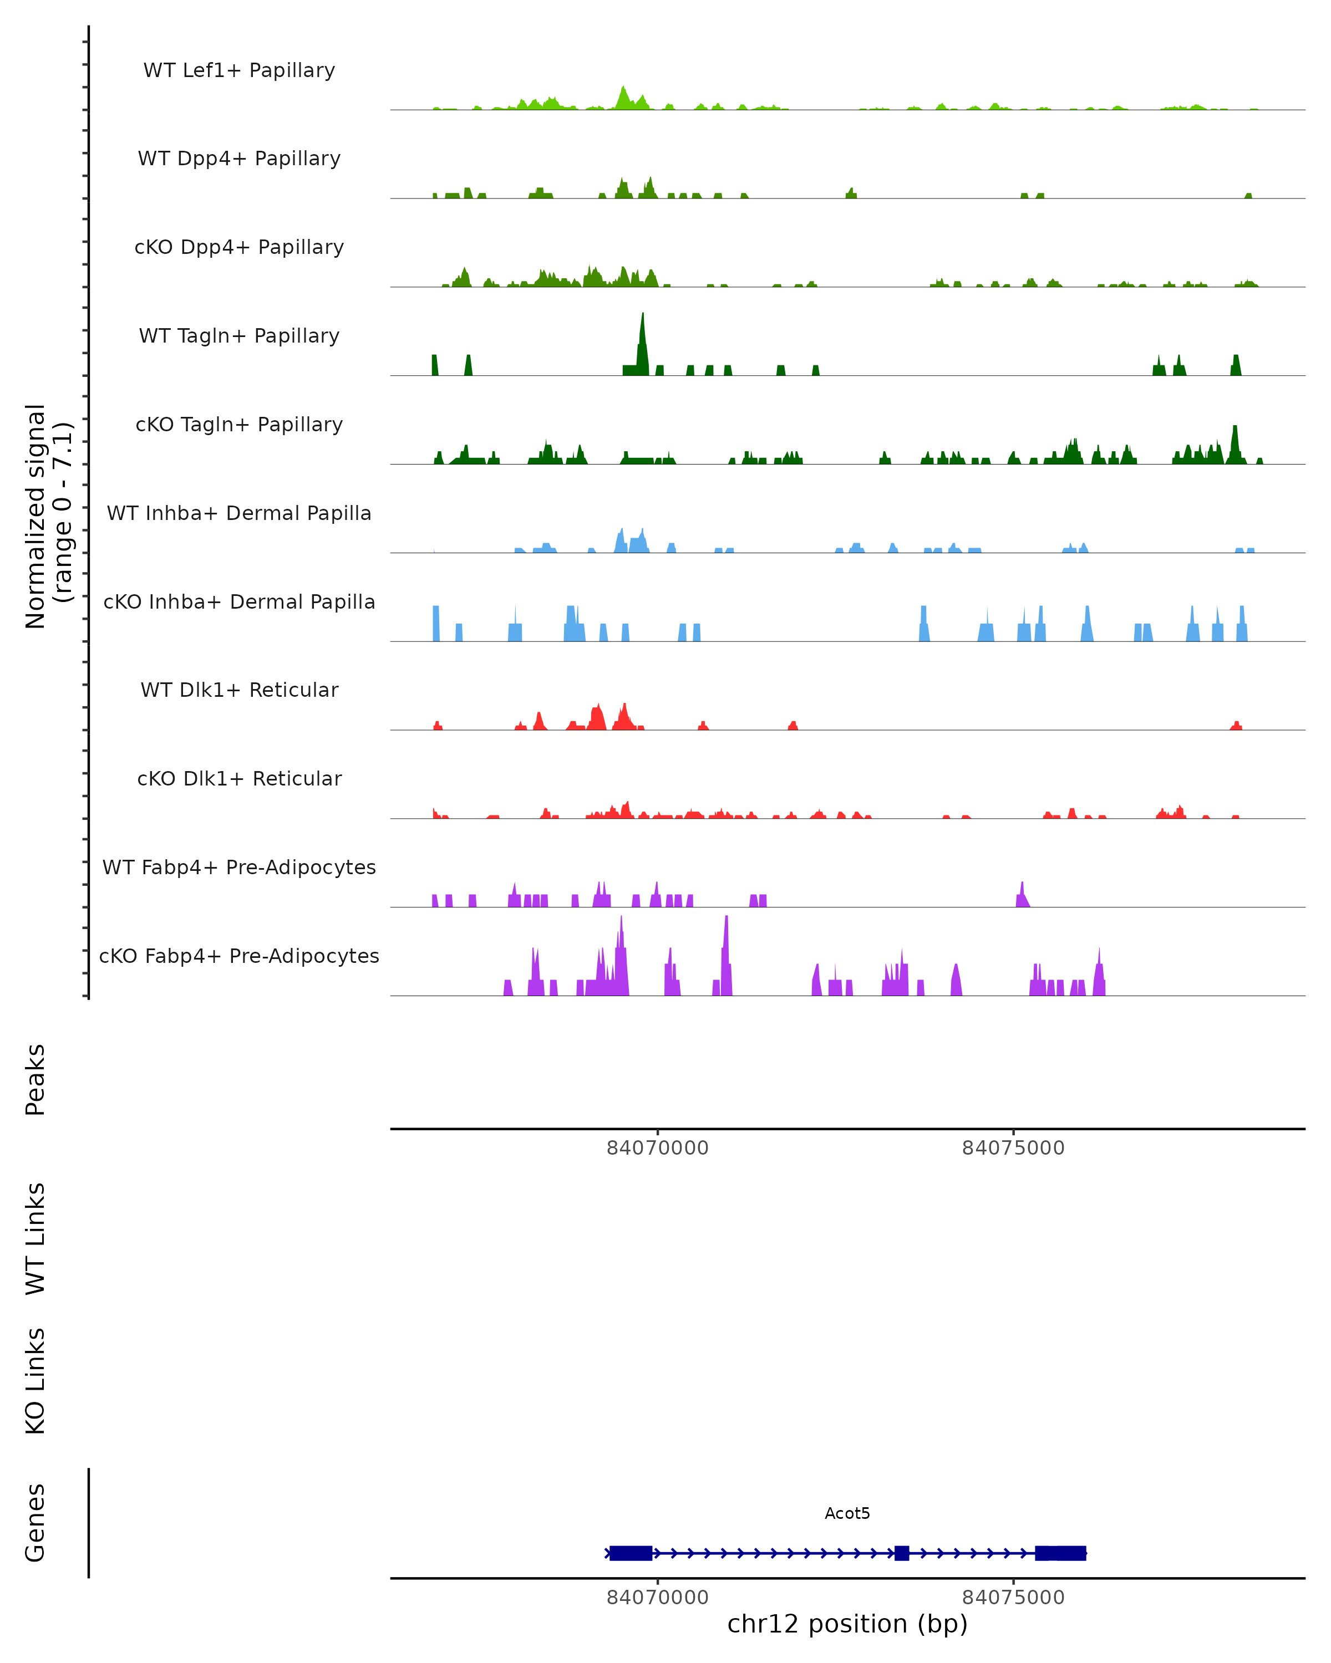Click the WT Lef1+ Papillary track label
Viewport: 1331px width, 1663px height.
(x=239, y=70)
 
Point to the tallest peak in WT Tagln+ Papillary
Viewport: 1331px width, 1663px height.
(x=642, y=318)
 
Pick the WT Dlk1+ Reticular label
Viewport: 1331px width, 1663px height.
(x=239, y=690)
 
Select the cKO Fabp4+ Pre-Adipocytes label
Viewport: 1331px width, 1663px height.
(x=239, y=956)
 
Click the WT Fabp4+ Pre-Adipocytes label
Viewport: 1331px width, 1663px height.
(x=239, y=867)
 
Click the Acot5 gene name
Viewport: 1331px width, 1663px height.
(x=847, y=1513)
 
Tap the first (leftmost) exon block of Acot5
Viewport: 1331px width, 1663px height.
(x=631, y=1553)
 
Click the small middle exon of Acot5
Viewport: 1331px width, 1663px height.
(x=901, y=1553)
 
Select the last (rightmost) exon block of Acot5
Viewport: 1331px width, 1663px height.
(x=1060, y=1553)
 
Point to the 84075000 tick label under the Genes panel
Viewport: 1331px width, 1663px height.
(x=1013, y=1598)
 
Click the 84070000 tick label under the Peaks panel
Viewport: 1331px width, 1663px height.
(x=657, y=1148)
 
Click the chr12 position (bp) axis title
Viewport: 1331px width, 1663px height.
(x=847, y=1624)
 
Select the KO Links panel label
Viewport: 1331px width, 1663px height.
(x=35, y=1381)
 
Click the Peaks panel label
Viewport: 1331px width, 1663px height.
(x=35, y=1079)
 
